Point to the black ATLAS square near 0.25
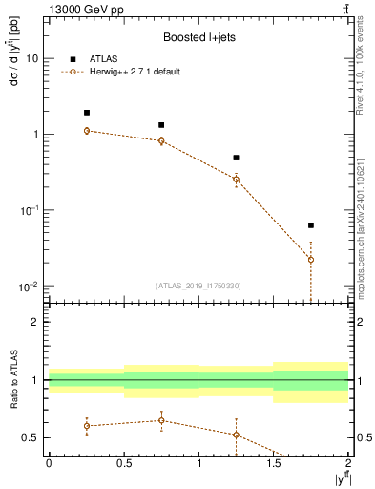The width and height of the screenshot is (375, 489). [x=86, y=113]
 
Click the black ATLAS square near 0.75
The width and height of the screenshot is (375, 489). [x=161, y=125]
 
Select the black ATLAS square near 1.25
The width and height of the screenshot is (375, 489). [x=236, y=158]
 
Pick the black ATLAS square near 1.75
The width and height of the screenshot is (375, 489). [x=311, y=225]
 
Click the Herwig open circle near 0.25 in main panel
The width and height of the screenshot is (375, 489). [x=86, y=131]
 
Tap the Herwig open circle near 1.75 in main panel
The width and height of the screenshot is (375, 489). [x=311, y=260]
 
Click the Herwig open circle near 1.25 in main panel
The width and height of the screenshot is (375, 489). [x=236, y=179]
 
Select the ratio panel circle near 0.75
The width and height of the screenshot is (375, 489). [x=161, y=420]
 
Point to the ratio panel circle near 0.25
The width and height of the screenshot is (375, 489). [x=86, y=426]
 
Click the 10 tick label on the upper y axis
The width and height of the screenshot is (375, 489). [x=31, y=58]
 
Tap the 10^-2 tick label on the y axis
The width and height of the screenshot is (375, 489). [x=28, y=287]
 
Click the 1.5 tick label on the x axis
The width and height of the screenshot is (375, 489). [x=274, y=461]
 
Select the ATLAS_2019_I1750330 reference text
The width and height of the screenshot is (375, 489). [x=198, y=286]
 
